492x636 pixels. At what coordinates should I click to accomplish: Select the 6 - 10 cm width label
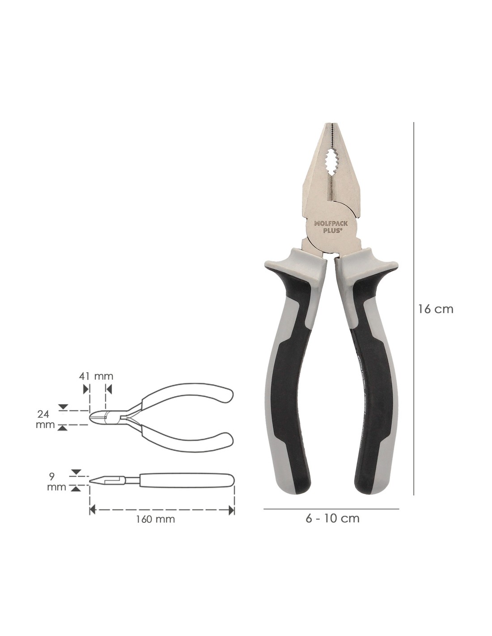pyautogui.click(x=332, y=518)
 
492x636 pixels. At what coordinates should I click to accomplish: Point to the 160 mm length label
pyautogui.click(x=155, y=519)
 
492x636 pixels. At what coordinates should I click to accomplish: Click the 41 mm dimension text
pyautogui.click(x=96, y=376)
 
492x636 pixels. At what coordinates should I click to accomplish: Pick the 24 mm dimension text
pyautogui.click(x=45, y=419)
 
